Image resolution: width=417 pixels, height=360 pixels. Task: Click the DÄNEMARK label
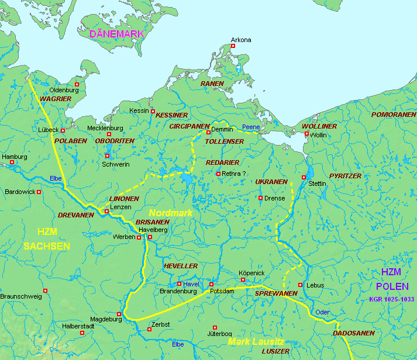click(x=116, y=34)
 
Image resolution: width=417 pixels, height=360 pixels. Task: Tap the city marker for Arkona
click(x=232, y=46)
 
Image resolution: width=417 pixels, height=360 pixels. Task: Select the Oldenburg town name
click(x=64, y=90)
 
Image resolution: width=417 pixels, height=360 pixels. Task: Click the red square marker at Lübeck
click(x=63, y=130)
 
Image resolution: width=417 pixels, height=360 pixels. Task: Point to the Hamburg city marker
click(x=12, y=162)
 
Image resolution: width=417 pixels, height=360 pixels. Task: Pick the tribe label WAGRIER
click(x=56, y=99)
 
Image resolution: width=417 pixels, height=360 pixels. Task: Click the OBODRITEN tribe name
click(x=115, y=141)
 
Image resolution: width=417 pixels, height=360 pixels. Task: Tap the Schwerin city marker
click(x=107, y=155)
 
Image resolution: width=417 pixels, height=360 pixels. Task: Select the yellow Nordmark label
click(x=170, y=213)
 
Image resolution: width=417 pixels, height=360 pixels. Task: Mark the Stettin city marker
click(x=304, y=177)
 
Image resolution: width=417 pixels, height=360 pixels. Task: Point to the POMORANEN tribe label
click(x=393, y=115)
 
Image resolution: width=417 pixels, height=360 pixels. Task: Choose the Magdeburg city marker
click(x=119, y=314)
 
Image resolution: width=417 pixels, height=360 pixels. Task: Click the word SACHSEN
click(x=47, y=245)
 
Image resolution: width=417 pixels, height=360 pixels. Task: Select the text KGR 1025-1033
click(x=392, y=299)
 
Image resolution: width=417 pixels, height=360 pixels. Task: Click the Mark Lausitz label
click(x=256, y=341)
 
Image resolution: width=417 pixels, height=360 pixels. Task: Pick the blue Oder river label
click(x=322, y=312)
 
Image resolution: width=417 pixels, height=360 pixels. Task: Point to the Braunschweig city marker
click(x=45, y=290)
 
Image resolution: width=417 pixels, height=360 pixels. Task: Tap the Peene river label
click(x=251, y=127)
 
